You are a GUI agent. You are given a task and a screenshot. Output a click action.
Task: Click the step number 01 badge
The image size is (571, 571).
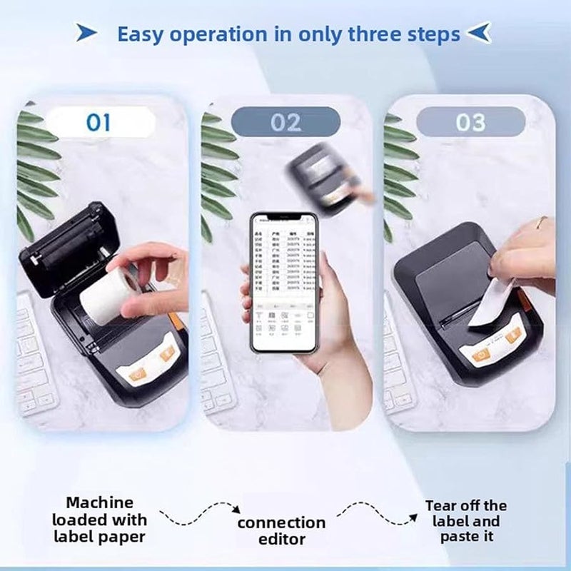(x=99, y=122)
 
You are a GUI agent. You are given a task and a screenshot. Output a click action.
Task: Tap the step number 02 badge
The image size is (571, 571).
(x=285, y=122)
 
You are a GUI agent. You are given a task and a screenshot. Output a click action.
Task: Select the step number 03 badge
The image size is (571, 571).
(x=470, y=122)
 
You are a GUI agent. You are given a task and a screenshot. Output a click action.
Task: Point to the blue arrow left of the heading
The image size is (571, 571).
(x=86, y=33)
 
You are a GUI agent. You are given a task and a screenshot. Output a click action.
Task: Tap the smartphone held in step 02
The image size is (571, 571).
(x=283, y=281)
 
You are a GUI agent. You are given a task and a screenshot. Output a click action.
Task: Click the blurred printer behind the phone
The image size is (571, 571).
(x=321, y=175)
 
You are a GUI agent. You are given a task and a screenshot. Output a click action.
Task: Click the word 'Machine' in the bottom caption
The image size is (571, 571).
(x=99, y=502)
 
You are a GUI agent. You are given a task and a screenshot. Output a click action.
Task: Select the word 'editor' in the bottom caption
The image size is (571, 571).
(x=281, y=540)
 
